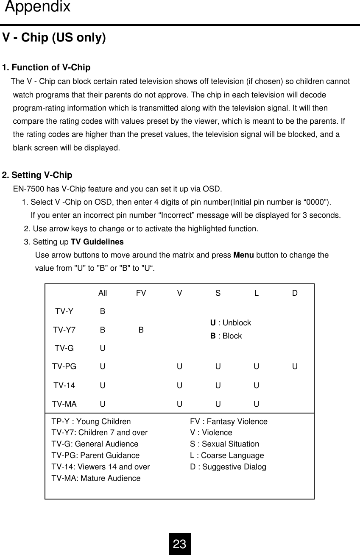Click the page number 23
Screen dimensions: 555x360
coord(179,544)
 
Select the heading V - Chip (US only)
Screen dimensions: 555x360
coord(54,38)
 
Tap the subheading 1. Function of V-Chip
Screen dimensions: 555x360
coord(46,68)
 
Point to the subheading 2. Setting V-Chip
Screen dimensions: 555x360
coord(37,175)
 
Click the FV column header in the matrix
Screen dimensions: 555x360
coord(141,293)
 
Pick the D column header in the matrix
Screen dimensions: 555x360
coord(294,293)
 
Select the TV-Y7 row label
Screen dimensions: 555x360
coord(64,330)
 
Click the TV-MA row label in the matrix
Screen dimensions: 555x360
coord(64,404)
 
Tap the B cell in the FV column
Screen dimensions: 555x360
coord(141,330)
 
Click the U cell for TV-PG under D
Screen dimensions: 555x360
coord(294,366)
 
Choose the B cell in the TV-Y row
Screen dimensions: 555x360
coord(103,311)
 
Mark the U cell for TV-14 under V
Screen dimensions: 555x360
coord(179,386)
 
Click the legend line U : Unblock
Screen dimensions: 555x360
coord(231,323)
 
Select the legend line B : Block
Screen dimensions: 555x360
coord(226,336)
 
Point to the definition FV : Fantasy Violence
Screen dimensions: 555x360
coord(229,422)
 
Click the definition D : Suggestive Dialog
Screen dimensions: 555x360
coord(228,467)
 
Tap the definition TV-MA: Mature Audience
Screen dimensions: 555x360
coord(96,478)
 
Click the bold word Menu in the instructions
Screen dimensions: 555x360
coord(243,255)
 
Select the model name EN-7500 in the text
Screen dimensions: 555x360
coord(28,189)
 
